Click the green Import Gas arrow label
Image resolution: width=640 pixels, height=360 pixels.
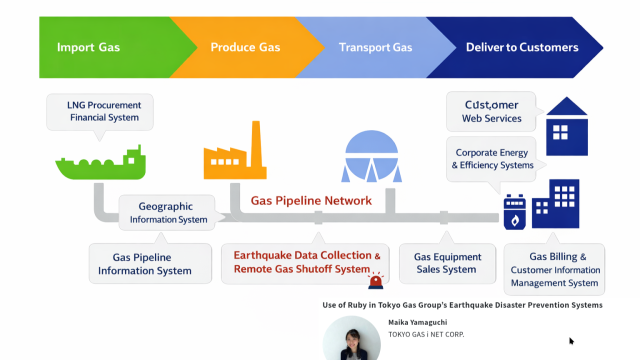click(x=88, y=47)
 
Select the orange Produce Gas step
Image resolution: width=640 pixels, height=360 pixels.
click(x=245, y=47)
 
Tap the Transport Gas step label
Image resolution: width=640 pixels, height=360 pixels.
click(x=375, y=47)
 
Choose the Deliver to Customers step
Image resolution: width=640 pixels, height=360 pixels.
click(x=522, y=47)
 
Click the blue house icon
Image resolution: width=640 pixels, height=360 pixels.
click(x=566, y=127)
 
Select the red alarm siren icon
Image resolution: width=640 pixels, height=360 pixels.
click(x=375, y=281)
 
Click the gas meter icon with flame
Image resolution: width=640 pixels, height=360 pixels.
click(x=514, y=212)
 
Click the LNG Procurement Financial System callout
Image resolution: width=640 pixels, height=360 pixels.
click(x=100, y=111)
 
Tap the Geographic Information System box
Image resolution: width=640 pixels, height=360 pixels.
click(x=166, y=212)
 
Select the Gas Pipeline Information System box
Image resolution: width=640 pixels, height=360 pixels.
click(x=145, y=264)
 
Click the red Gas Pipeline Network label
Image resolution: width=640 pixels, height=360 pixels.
click(x=311, y=201)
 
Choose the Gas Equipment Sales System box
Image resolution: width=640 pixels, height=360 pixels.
click(x=447, y=263)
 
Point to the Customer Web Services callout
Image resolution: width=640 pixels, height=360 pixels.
click(x=491, y=111)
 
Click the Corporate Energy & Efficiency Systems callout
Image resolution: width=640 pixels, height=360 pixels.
click(x=492, y=159)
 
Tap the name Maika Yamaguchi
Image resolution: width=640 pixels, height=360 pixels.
click(x=417, y=322)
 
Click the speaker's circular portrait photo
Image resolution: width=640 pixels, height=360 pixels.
click(x=351, y=340)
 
